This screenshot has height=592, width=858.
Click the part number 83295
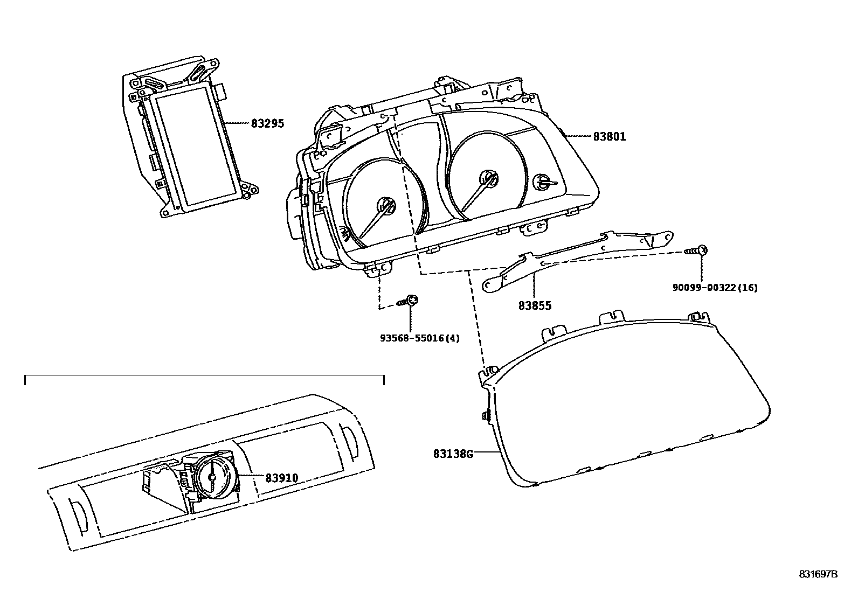[267, 124]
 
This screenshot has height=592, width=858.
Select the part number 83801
[610, 137]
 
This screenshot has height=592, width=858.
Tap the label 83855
[535, 306]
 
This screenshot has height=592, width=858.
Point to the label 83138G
[453, 454]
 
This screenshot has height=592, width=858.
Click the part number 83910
[281, 477]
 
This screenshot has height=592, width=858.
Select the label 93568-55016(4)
[420, 339]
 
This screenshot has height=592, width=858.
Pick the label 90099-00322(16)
[715, 288]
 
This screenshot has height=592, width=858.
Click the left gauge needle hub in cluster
[386, 206]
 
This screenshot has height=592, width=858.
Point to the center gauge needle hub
[489, 178]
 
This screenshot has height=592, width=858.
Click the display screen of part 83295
[195, 149]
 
